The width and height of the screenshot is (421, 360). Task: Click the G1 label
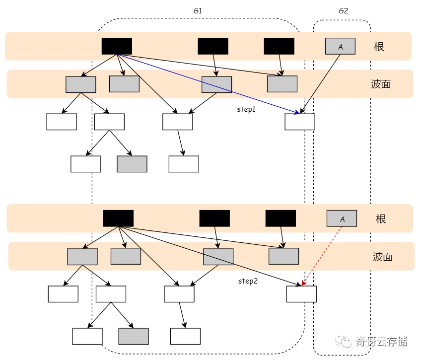tap(198, 11)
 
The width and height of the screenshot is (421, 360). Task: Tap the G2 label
tap(343, 11)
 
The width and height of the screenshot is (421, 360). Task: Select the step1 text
tap(246, 109)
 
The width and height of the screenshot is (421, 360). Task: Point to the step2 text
tap(248, 281)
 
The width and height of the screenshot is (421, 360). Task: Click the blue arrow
tap(209, 84)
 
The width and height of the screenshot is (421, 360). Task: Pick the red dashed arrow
tap(322, 256)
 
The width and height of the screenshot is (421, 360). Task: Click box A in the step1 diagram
tap(340, 46)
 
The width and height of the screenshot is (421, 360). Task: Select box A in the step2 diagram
tap(342, 218)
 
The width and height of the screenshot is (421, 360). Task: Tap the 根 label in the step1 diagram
tap(379, 47)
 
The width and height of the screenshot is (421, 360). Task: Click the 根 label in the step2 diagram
tap(381, 219)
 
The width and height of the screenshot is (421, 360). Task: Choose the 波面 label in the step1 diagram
tap(381, 84)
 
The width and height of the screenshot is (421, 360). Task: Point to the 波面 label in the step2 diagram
tap(382, 257)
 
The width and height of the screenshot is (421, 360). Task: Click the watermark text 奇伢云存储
tap(381, 342)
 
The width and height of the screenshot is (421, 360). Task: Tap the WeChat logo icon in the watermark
tap(343, 341)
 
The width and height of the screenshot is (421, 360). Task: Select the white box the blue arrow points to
tap(300, 122)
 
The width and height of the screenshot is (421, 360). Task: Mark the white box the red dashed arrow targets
tap(301, 294)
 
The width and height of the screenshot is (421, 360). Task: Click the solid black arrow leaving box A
tap(320, 84)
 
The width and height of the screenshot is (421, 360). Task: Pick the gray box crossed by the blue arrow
tap(216, 84)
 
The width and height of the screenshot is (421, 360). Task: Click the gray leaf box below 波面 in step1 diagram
tap(132, 164)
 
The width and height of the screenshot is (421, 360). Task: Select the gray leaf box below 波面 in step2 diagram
tap(134, 336)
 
